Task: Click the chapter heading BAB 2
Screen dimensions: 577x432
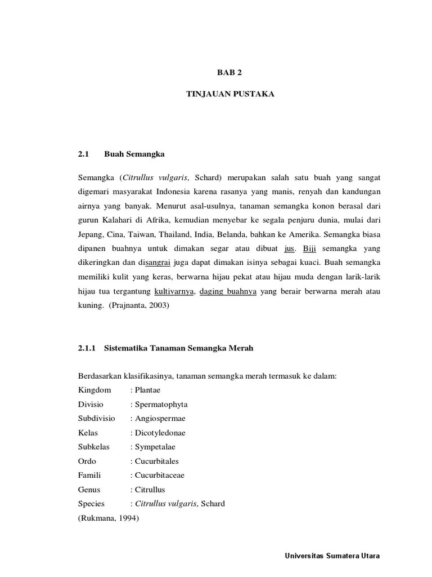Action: click(x=230, y=73)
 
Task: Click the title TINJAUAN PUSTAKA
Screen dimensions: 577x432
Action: click(x=230, y=94)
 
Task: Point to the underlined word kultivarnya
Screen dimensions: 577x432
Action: click(x=174, y=291)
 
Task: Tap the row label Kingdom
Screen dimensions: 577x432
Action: click(x=95, y=390)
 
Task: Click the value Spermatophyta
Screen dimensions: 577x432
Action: click(x=160, y=405)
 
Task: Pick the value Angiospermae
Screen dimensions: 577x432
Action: click(x=159, y=419)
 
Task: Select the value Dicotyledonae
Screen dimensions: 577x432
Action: click(x=159, y=433)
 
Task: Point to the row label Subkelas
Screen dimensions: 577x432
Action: click(x=94, y=447)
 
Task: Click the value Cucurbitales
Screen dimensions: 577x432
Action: click(x=157, y=461)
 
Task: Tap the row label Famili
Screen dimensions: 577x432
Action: click(x=90, y=475)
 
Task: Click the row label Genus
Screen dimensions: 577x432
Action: click(x=89, y=489)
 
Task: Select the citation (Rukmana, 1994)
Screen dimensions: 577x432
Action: click(x=108, y=518)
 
